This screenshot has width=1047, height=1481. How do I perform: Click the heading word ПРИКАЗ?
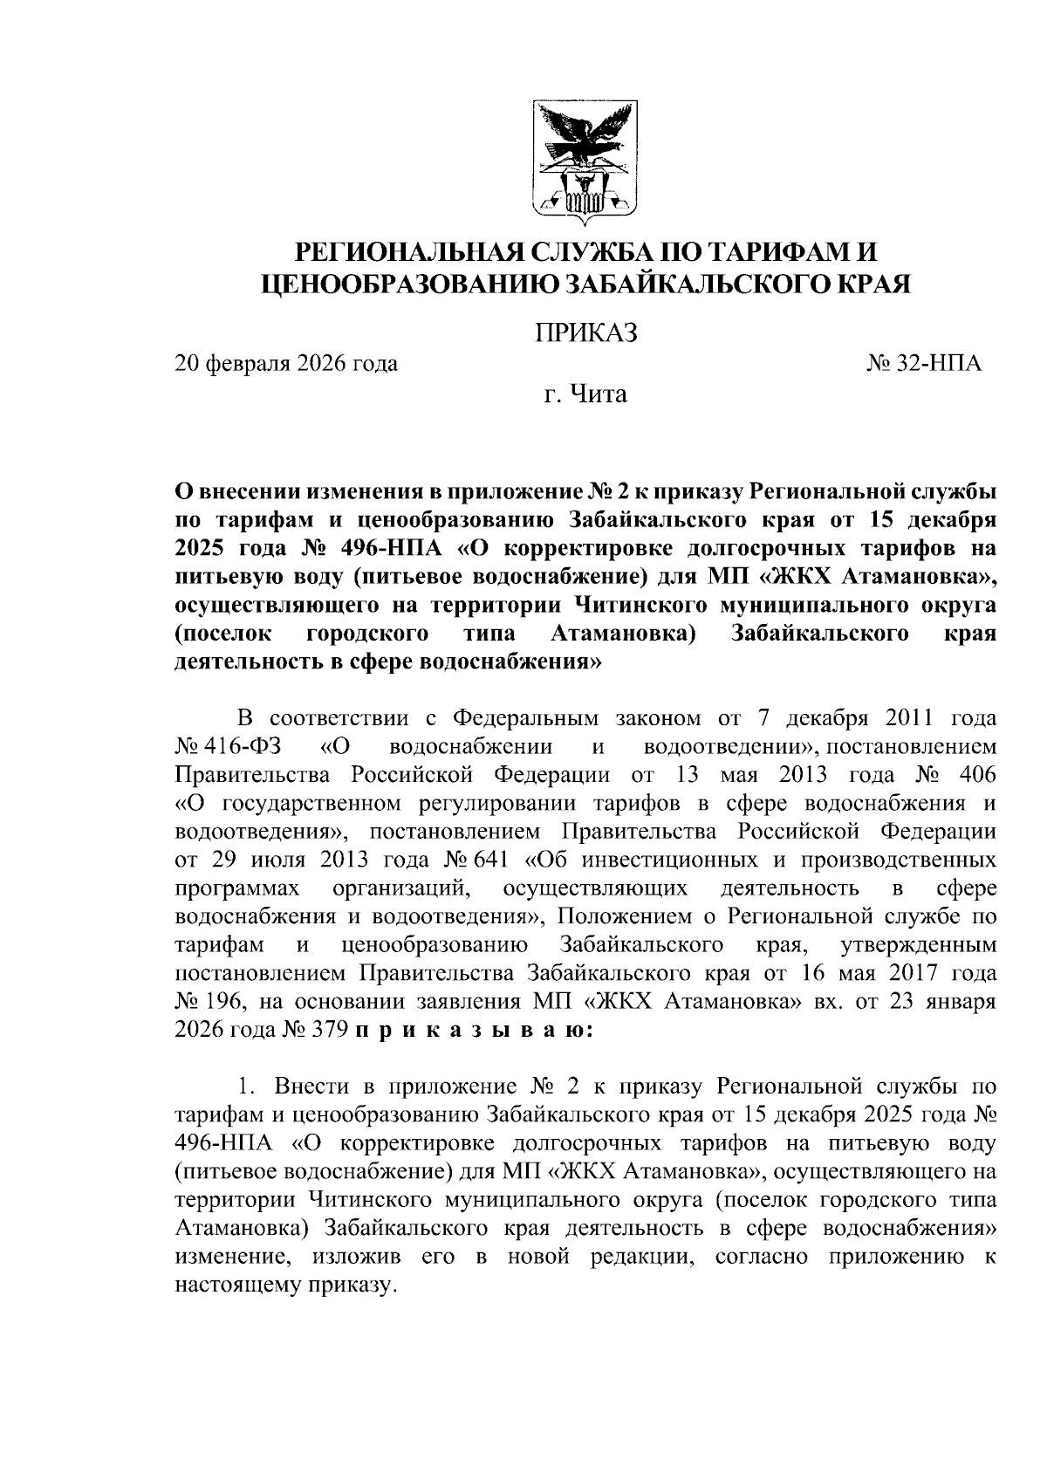point(585,333)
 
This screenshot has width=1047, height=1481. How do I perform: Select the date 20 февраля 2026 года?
point(286,364)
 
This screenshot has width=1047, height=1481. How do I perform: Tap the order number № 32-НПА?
point(924,364)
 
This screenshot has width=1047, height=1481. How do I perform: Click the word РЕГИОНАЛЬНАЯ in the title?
point(409,253)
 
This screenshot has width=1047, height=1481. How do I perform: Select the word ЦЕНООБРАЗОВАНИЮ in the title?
point(410,284)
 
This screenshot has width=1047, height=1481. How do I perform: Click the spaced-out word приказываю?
point(475,1030)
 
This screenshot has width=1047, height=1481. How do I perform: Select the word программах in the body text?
point(238,888)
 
